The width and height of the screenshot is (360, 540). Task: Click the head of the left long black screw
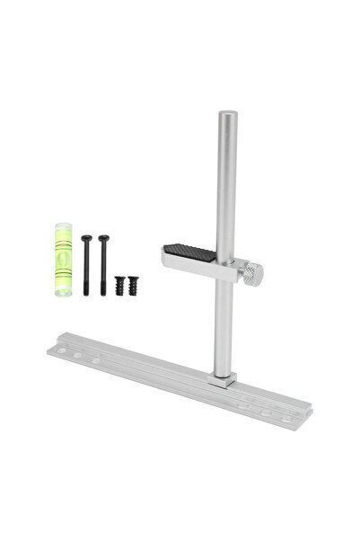[x=86, y=239]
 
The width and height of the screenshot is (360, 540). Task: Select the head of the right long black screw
[x=104, y=239]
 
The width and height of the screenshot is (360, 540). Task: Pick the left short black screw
[x=119, y=285]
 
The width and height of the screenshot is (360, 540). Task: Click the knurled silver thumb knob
[x=253, y=272]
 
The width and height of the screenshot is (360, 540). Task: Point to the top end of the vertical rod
[x=226, y=115]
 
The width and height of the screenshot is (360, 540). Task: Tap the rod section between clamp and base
[x=224, y=323]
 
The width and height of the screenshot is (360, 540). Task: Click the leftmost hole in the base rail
[x=61, y=350]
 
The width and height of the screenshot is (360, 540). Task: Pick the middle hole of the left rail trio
[x=77, y=356]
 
